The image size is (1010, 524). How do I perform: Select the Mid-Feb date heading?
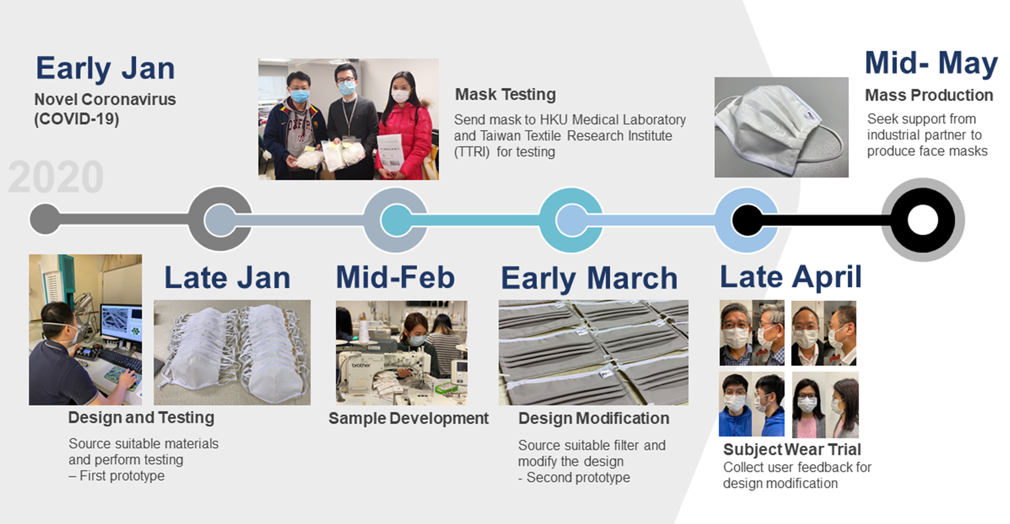(395, 277)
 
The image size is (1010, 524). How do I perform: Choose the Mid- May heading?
(931, 63)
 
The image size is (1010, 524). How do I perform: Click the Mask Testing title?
(505, 95)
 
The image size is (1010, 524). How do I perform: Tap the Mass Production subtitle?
(929, 95)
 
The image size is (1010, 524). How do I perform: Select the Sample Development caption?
(409, 419)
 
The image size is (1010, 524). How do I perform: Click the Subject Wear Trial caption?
(792, 450)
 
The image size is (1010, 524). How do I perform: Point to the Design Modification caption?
(594, 419)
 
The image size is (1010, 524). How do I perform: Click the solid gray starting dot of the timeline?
(45, 219)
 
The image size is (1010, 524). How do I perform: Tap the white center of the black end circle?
(923, 220)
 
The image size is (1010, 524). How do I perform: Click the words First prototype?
(122, 476)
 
